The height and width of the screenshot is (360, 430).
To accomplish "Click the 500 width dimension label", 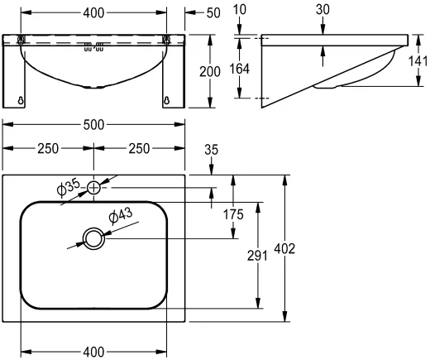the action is click(x=93, y=125).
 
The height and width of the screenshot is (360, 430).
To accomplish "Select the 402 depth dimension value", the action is click(x=284, y=249).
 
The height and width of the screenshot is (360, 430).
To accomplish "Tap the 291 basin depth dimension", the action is click(x=257, y=256).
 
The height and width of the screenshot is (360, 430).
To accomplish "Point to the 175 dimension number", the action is click(x=233, y=214).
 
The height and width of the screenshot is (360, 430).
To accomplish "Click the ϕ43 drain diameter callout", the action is click(x=121, y=215).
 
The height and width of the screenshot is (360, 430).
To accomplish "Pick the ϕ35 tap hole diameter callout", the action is click(x=68, y=188).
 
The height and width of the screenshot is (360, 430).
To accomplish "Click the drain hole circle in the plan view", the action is click(x=93, y=238).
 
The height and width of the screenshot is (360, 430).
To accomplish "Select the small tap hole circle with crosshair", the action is click(x=93, y=188).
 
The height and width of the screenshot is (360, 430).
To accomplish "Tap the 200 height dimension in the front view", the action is click(x=210, y=72).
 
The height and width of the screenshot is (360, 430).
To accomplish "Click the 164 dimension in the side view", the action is click(x=239, y=69).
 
